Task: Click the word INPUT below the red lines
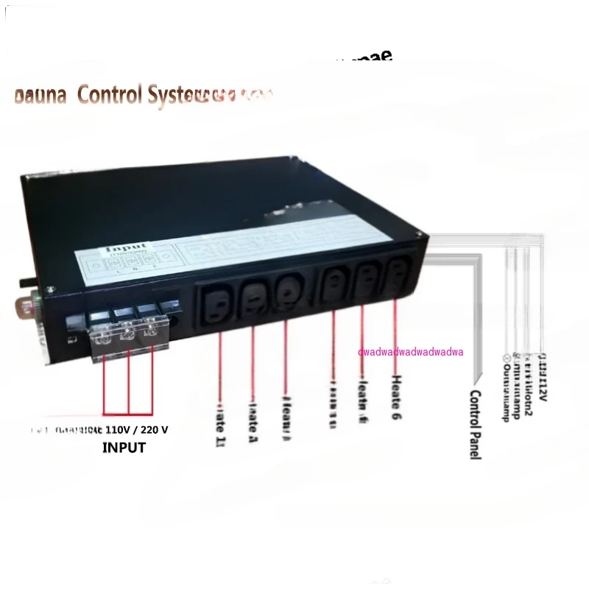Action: (124, 447)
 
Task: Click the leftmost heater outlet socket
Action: (220, 294)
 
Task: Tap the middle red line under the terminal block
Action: (129, 383)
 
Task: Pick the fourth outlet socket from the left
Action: (333, 282)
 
